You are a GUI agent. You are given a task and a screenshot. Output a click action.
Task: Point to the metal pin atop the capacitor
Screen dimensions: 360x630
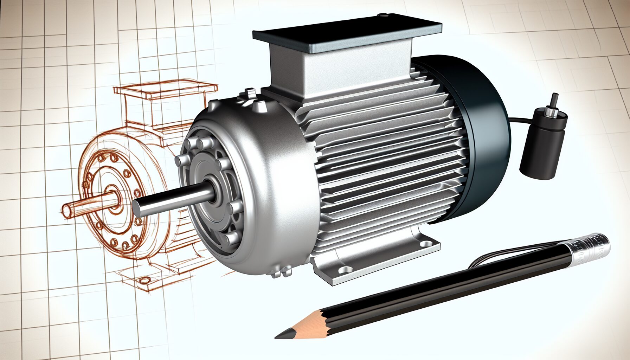pyautogui.click(x=554, y=102)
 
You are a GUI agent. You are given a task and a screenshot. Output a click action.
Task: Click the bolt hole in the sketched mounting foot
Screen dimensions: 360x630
pyautogui.click(x=144, y=280)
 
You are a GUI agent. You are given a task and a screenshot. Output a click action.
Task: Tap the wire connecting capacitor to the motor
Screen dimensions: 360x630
pyautogui.click(x=520, y=120)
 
